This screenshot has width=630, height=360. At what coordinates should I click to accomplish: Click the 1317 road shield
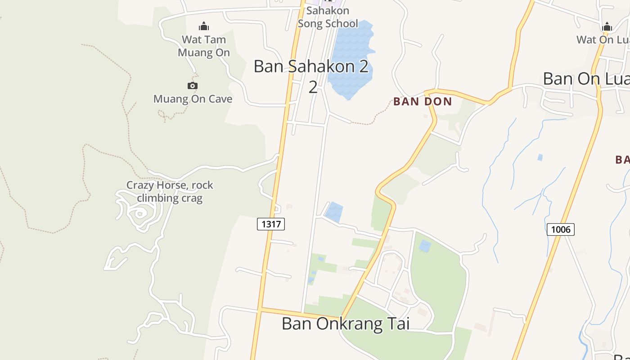click(x=271, y=224)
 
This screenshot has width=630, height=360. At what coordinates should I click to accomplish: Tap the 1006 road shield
click(x=560, y=229)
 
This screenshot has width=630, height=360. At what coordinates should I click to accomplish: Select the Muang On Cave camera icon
click(x=192, y=85)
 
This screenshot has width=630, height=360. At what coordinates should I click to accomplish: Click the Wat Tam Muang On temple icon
click(x=204, y=26)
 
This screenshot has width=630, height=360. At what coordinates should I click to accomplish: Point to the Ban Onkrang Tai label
click(x=346, y=324)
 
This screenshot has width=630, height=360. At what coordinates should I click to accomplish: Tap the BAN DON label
click(x=423, y=102)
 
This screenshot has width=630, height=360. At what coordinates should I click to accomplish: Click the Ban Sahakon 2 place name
click(x=311, y=67)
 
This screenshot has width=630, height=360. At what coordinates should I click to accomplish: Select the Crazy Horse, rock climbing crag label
click(x=170, y=191)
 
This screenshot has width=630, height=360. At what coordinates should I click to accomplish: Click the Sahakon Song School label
click(x=328, y=17)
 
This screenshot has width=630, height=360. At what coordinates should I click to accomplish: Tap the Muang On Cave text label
click(x=193, y=99)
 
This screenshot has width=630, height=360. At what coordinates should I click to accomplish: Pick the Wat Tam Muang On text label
click(x=204, y=46)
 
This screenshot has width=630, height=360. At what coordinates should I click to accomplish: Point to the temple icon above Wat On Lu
click(x=607, y=27)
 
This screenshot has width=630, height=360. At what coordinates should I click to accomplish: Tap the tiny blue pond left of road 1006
click(x=540, y=157)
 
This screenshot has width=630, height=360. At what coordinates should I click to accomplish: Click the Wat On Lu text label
click(x=603, y=40)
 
